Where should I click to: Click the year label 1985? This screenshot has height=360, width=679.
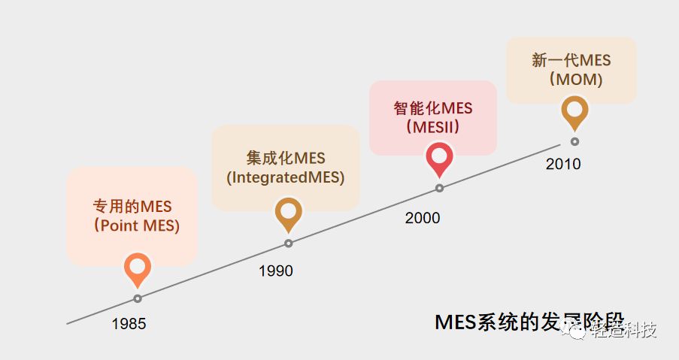[x=129, y=325]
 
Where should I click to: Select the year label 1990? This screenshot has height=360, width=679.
[x=276, y=271]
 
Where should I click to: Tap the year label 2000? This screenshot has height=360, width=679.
[x=423, y=218]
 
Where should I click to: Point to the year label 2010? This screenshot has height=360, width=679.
[x=563, y=164]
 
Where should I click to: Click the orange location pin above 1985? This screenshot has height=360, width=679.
[x=137, y=268]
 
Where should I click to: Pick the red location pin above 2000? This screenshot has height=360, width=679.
[x=439, y=158]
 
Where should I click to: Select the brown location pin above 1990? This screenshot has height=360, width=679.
[x=288, y=213]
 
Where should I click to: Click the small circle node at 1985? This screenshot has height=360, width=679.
[x=138, y=298]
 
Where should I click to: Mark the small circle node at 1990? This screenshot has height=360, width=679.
[x=288, y=244]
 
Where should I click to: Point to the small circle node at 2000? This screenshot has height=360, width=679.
[x=439, y=188]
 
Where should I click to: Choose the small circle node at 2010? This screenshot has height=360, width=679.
[x=575, y=141]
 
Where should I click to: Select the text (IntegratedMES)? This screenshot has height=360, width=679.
[x=285, y=178]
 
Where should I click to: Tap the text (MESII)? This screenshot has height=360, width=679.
[x=432, y=127]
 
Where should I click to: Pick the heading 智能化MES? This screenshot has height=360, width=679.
[x=432, y=108]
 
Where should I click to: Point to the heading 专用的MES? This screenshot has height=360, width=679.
[x=132, y=206]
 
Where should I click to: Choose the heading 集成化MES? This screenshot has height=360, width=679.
[x=286, y=158]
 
